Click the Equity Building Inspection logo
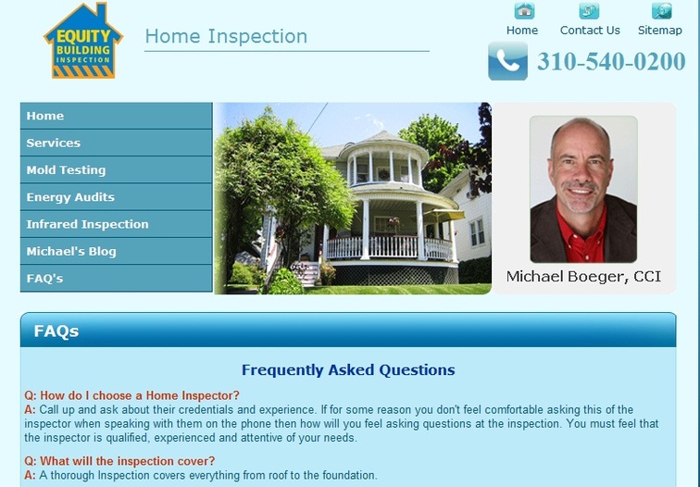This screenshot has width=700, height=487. (83, 41)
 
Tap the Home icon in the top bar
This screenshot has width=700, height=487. (524, 11)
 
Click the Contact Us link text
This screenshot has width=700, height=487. (590, 31)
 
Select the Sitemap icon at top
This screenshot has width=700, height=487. (661, 11)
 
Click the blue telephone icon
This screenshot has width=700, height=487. (507, 61)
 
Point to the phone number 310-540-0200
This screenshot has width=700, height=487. (611, 61)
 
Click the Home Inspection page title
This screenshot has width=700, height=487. (226, 36)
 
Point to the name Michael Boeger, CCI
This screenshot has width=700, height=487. (583, 276)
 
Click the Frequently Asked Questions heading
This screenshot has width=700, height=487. (348, 370)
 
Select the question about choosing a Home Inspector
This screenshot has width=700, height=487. (131, 395)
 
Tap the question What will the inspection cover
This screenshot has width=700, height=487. (119, 461)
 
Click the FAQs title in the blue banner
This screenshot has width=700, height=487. (56, 331)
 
